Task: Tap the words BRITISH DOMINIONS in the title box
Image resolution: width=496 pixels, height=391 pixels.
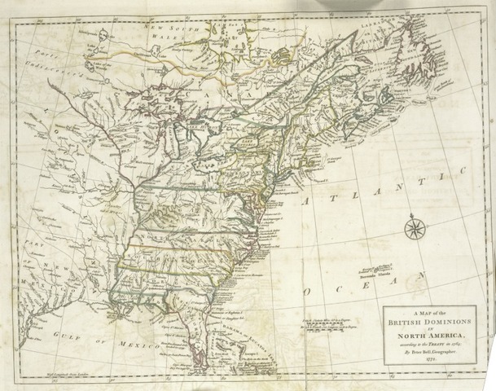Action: [425, 324]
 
